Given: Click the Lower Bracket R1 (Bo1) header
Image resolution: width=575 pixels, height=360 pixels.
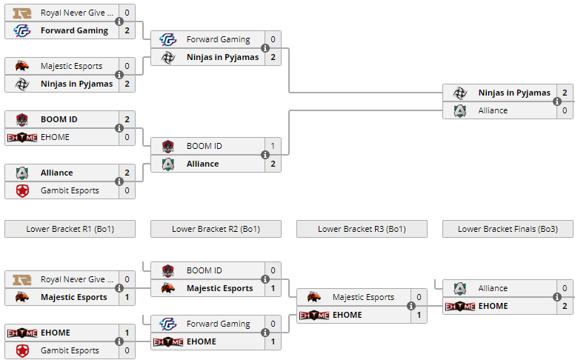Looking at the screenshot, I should pos(70,229).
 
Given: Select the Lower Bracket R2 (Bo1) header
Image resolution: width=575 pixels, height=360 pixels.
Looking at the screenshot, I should pos(216,229).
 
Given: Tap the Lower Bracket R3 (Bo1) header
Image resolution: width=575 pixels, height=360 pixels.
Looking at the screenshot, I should pos(362,229).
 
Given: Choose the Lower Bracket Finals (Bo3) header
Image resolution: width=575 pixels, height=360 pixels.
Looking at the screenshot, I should pos(508,229).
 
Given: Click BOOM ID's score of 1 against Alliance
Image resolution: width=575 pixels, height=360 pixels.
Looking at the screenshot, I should pos(273,146).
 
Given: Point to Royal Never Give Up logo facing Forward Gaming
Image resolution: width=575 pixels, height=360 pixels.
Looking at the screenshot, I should pos(22,13).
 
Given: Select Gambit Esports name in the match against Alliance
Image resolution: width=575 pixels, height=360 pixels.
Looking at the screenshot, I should pos(70,190).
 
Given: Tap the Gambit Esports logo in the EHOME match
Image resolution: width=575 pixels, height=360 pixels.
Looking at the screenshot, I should pos(22,350).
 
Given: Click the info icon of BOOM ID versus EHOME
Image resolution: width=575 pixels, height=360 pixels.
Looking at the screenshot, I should pos(119,128).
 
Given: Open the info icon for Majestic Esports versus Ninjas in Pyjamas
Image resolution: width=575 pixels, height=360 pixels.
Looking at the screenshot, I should pos(119,75).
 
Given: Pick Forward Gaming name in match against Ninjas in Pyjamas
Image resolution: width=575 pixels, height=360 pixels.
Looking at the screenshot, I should pos(218,39).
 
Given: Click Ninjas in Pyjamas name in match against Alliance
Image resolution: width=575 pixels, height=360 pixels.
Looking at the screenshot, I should pos(514,93).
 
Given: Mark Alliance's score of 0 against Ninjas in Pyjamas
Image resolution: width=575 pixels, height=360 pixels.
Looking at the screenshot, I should pos(565,110).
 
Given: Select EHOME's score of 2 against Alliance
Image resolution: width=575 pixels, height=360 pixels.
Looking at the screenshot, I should pos(565,306).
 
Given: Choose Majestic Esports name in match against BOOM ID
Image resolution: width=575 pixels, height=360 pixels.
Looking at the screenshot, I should pos(219,288).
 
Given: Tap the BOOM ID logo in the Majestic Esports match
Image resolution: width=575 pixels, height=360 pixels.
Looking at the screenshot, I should pos(168,270).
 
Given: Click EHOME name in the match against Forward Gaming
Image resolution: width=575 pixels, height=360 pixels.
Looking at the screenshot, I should pos(202,341).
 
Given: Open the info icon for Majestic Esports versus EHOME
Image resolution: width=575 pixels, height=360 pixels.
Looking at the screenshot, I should pos(411,306).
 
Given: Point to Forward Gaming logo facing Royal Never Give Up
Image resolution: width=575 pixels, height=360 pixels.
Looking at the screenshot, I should pos(22,30).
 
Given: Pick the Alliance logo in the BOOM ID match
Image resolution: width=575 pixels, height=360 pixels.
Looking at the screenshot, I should pos(168,164).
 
